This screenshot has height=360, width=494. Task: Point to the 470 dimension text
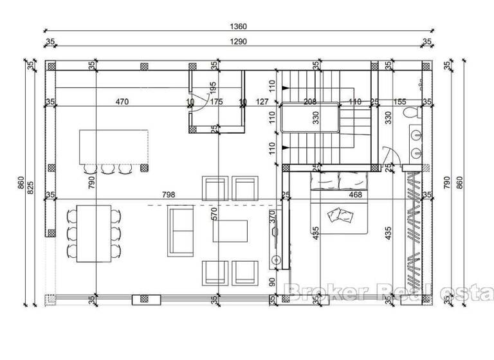(122, 102)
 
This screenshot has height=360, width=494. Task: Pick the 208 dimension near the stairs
(309, 102)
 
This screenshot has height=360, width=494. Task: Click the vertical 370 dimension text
(272, 217)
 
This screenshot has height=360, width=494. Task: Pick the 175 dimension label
(216, 102)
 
